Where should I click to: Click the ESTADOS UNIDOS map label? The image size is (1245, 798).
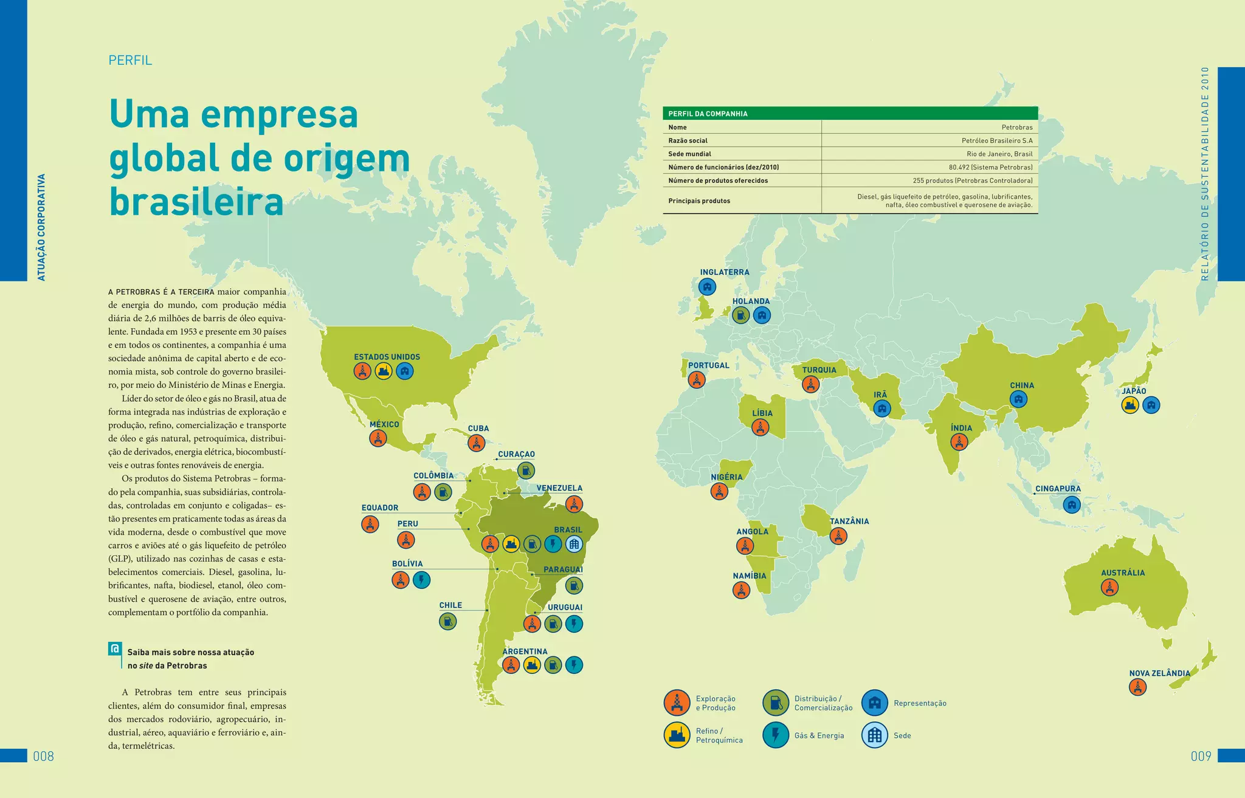387,357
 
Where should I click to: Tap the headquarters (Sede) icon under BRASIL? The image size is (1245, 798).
574,544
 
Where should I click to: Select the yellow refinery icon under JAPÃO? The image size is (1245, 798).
1129,405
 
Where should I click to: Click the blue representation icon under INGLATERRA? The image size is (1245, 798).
706,286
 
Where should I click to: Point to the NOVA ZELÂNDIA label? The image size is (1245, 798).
1159,673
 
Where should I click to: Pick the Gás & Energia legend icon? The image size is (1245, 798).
775,735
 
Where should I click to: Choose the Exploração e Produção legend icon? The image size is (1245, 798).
677,703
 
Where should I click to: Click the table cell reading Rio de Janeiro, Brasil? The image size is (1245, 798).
999,154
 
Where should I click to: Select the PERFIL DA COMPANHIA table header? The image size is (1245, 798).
708,114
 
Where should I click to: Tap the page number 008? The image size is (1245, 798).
43,756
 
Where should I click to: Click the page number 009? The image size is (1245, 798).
1201,756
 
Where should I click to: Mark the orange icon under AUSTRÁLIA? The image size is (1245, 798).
1109,587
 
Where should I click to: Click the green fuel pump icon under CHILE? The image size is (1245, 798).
447,621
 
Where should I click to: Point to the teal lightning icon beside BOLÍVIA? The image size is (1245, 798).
421,580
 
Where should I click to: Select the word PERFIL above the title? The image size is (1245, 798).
130,60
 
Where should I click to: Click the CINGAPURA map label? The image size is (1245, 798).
1058,489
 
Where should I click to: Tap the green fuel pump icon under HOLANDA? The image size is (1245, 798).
740,315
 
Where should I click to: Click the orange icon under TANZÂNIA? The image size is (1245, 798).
838,536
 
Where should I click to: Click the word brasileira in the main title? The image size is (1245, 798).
196,202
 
